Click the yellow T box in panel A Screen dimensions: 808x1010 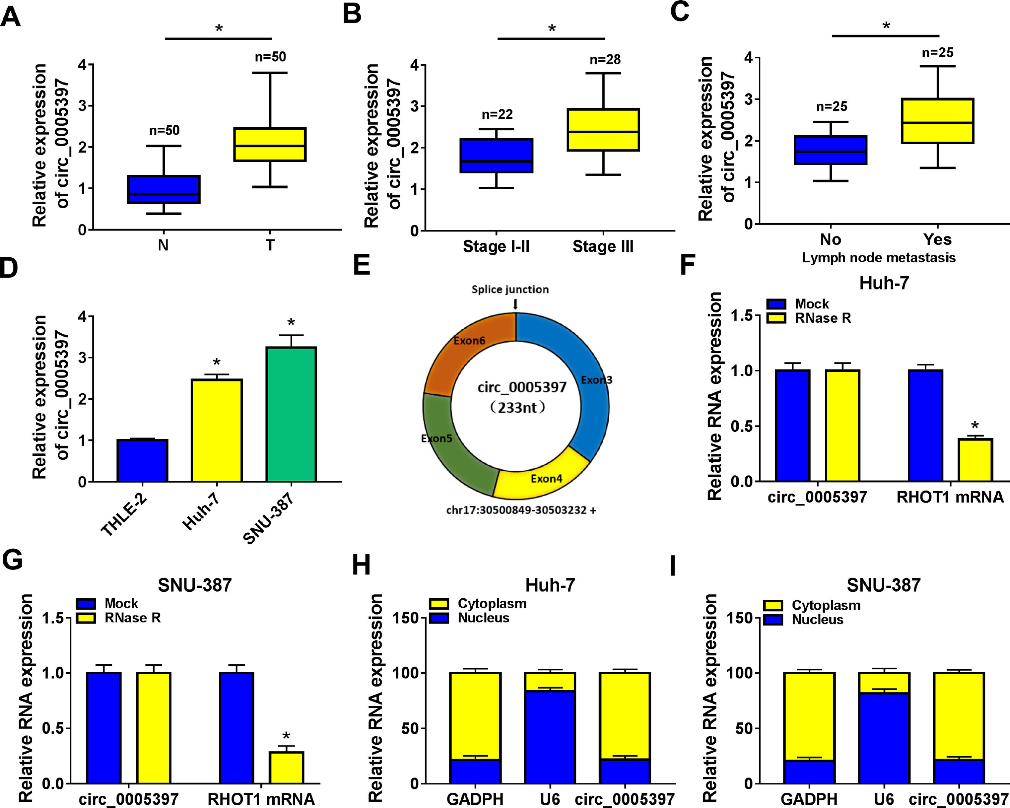(x=270, y=144)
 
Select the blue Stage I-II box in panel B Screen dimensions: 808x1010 (x=496, y=156)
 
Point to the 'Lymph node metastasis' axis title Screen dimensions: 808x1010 (x=878, y=258)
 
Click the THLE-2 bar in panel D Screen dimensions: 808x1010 (x=142, y=460)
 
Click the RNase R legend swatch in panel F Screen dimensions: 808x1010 (x=776, y=318)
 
